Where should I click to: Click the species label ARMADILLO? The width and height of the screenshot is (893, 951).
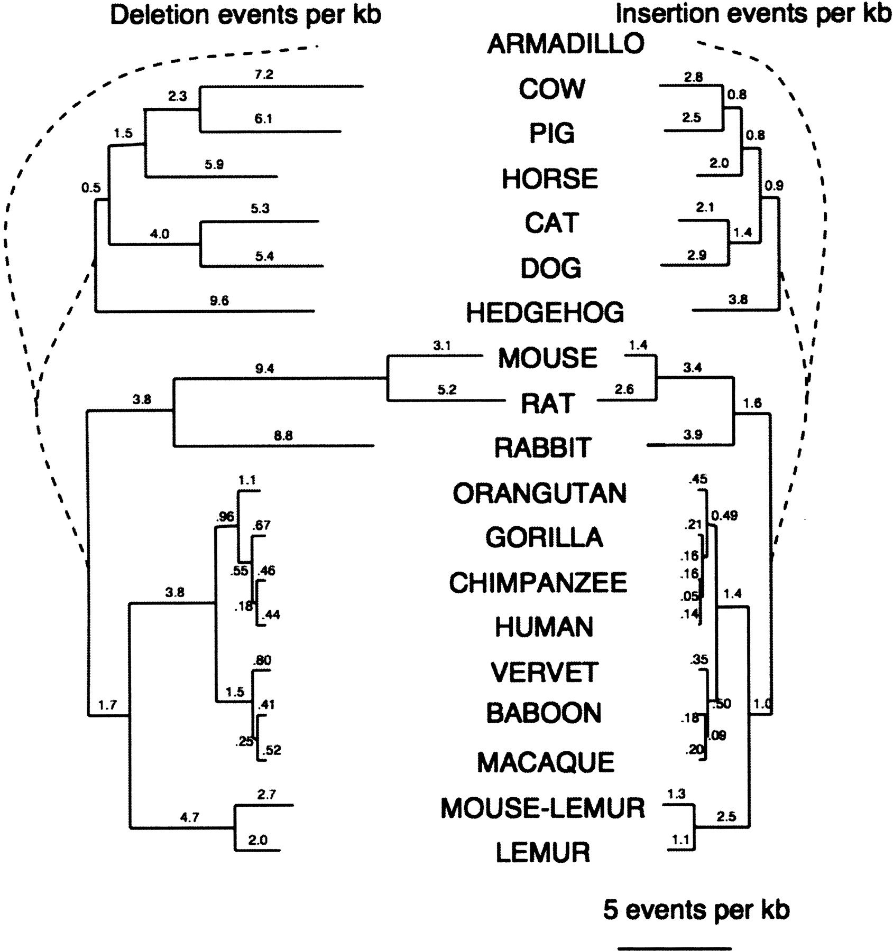coord(565,43)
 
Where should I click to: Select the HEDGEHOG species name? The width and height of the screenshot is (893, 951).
coord(545,313)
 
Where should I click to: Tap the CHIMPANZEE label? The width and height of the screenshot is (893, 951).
coord(538,583)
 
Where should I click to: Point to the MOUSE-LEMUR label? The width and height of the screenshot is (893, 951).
coord(542,808)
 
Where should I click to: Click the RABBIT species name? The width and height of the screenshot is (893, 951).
coord(542,448)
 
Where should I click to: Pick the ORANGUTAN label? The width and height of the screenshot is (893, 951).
coord(539,494)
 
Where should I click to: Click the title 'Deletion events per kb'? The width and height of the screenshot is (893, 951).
coord(245,15)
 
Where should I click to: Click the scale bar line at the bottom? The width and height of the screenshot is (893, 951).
coord(675,948)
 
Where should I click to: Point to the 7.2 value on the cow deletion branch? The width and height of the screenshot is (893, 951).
coord(263,74)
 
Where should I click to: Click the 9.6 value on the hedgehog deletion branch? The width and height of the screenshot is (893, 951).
coord(219,301)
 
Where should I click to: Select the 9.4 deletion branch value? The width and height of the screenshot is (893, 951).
coord(264,369)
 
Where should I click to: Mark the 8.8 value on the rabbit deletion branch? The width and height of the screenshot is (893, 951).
coord(283,436)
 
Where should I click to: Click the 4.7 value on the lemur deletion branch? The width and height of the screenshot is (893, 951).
coord(189,817)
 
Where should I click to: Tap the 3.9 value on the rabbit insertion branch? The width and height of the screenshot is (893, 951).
coord(693,434)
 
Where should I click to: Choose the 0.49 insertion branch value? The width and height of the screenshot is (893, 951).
coord(724,516)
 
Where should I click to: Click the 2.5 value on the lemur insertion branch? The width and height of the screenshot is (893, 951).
coord(726,816)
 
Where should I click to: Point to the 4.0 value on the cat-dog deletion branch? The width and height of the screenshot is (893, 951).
coord(159,234)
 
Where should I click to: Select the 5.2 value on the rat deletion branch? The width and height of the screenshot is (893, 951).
coord(447,389)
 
